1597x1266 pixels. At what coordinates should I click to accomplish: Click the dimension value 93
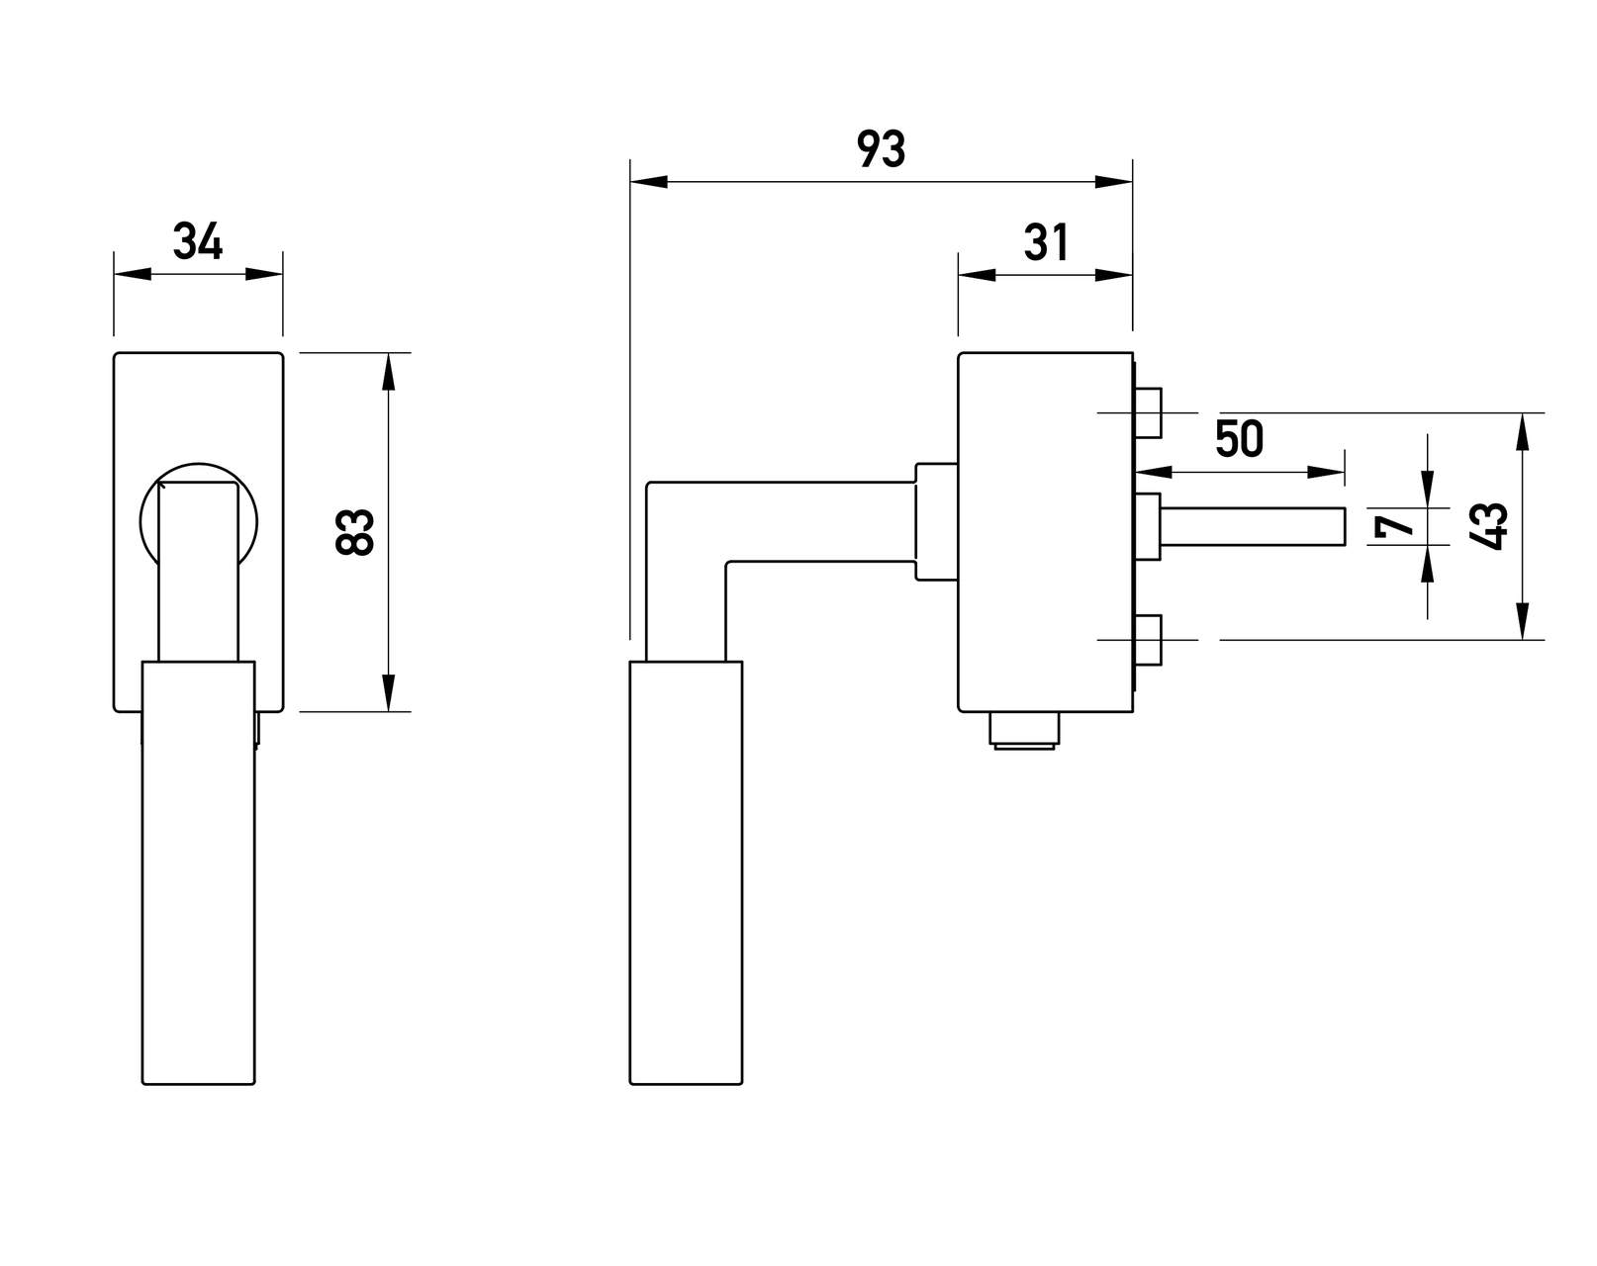click(x=881, y=148)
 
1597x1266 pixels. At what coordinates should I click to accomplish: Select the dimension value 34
click(x=198, y=241)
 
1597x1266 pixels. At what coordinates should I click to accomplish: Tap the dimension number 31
click(x=1046, y=242)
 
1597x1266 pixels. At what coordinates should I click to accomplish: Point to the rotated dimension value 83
click(x=354, y=531)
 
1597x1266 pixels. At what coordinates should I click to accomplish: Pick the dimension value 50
click(x=1239, y=438)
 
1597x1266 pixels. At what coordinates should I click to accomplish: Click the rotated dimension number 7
click(x=1394, y=526)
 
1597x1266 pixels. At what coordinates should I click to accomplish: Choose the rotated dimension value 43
click(x=1488, y=526)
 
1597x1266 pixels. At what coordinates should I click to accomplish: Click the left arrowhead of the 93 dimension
click(x=649, y=182)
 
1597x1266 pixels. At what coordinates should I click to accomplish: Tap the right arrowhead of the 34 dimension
click(x=264, y=274)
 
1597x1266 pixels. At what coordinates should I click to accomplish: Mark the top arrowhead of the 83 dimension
click(x=388, y=371)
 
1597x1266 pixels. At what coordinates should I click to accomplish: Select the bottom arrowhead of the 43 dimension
click(x=1522, y=621)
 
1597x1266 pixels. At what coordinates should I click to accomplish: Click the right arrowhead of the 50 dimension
click(x=1326, y=472)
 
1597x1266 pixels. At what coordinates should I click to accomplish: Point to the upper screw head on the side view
click(x=1148, y=412)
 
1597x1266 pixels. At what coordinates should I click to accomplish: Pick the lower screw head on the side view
click(x=1148, y=640)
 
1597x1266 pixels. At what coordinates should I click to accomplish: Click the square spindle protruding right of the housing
click(x=1253, y=526)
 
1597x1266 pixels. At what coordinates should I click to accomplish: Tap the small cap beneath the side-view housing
click(x=1024, y=730)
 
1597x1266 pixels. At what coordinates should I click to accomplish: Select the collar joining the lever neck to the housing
click(x=936, y=521)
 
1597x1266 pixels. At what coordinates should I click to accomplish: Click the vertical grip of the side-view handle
click(x=686, y=872)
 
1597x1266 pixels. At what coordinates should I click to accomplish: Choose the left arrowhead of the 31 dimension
click(x=977, y=275)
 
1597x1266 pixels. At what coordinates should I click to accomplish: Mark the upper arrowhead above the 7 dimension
click(x=1427, y=490)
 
